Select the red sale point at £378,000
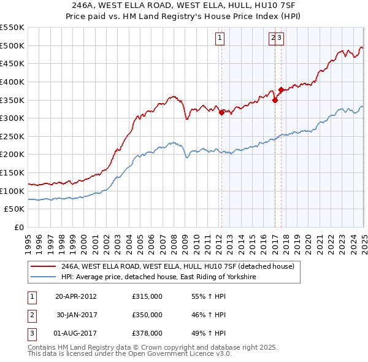281,90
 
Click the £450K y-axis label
13,63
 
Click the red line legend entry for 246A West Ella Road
178,266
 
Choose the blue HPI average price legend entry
158,277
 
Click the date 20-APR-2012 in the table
76,296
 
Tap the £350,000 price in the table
147,315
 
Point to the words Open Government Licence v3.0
189,355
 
